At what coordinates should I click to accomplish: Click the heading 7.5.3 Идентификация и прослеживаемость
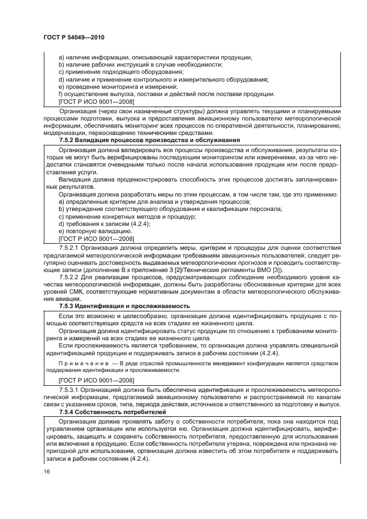coord(124,306)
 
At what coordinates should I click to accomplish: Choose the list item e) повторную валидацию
coord(95,230)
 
